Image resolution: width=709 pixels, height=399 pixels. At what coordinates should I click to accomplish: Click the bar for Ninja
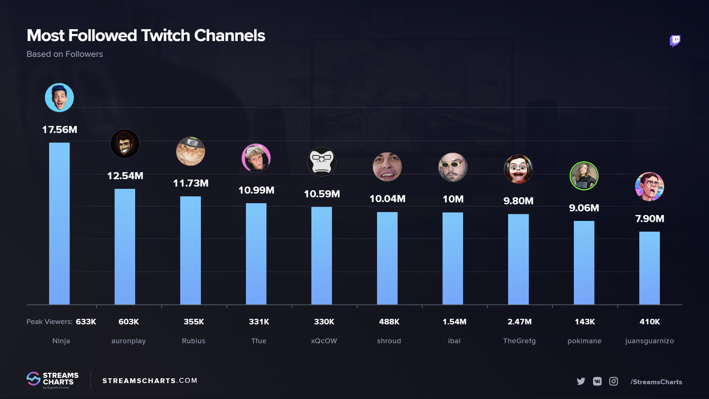coord(59,224)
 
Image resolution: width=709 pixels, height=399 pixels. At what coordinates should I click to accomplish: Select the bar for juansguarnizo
coord(649,268)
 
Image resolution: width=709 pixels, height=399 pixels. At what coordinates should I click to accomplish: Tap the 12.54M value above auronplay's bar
coord(125,176)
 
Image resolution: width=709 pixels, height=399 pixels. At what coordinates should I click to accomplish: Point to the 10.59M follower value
coord(322,194)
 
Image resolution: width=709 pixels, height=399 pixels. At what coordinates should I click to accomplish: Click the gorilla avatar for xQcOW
coord(322,162)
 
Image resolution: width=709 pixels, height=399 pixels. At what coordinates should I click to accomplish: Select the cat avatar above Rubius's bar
coord(191,151)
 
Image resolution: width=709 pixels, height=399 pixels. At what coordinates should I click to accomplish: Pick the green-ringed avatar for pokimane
coord(584,176)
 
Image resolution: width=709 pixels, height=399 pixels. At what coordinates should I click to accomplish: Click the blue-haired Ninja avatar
coord(59,98)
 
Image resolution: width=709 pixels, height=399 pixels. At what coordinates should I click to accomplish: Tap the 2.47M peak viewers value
coord(519,322)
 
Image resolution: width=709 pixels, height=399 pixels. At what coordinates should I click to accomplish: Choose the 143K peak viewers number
coord(585,322)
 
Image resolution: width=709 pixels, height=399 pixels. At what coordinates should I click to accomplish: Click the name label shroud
coord(389,341)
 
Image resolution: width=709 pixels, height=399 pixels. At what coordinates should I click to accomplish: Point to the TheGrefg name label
coord(519,341)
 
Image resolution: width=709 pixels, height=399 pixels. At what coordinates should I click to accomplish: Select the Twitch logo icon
coord(675,41)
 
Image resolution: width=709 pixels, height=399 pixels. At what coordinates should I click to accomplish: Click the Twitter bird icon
coord(581,381)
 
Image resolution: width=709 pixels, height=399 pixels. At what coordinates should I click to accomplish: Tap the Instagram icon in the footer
coord(613,381)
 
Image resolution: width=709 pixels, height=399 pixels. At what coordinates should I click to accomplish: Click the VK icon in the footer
coord(597,381)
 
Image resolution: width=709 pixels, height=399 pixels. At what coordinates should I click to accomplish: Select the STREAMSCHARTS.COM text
coord(150,381)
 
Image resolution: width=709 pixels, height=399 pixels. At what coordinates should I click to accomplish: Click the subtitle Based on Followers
coord(65,54)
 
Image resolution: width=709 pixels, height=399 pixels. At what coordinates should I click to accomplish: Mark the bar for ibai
coord(453,258)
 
